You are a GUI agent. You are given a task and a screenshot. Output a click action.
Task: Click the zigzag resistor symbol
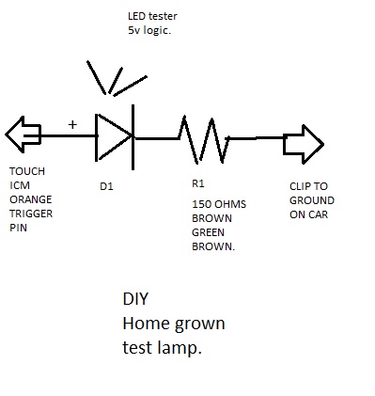tap(204, 138)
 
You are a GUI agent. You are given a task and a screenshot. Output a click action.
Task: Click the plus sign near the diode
tap(72, 124)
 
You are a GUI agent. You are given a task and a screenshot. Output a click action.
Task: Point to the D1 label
tap(106, 186)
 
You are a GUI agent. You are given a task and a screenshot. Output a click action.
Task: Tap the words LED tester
tap(153, 17)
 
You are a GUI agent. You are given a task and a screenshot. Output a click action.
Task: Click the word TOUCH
tap(26, 173)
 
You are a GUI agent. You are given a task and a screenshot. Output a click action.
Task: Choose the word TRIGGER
tap(31, 213)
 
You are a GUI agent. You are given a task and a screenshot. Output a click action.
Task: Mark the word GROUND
tap(311, 200)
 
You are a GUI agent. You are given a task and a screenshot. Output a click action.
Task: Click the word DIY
tap(135, 300)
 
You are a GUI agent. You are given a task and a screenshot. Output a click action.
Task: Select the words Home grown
tap(174, 324)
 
